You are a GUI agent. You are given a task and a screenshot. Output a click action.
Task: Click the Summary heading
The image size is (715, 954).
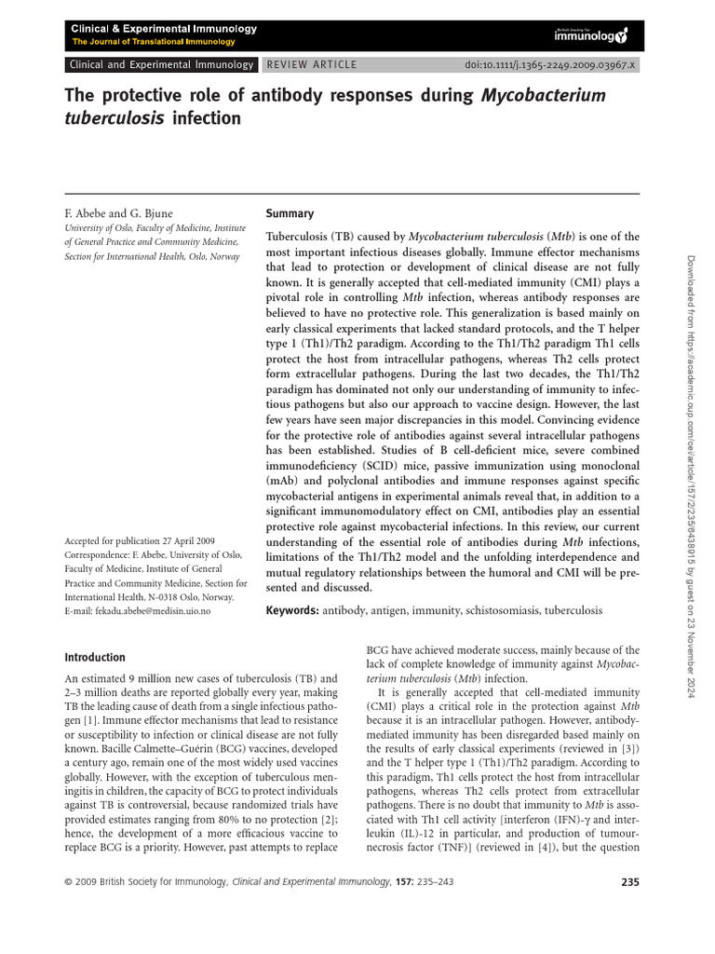[x=290, y=213]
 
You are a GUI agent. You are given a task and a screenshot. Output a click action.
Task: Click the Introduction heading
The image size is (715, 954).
[x=94, y=657]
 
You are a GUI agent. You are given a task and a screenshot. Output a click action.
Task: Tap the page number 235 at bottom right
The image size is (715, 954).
[x=628, y=882]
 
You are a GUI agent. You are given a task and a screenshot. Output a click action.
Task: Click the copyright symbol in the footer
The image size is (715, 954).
[x=68, y=882]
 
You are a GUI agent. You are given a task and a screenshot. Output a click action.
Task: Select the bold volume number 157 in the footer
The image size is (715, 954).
[x=405, y=882]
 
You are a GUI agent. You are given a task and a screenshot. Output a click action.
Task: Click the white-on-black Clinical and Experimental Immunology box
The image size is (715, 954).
[x=160, y=65]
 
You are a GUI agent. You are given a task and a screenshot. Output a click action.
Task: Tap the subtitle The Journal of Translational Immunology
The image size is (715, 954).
[x=154, y=42]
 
